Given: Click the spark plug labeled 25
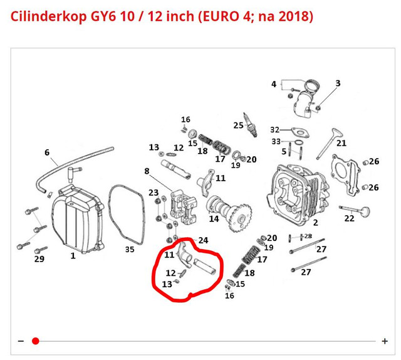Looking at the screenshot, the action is point(250,125).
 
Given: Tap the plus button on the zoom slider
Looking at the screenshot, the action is point(384,341).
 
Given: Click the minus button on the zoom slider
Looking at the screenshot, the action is point(21,341).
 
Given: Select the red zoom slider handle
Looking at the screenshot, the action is point(36,341).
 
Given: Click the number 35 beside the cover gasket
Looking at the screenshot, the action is point(130,249).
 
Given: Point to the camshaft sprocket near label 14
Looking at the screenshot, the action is point(239,217).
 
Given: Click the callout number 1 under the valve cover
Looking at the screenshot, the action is point(73,255).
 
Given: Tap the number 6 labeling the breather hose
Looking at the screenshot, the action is point(47,152).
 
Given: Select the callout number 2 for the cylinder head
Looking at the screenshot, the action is point(316,223).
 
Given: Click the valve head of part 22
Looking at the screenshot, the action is point(365,211).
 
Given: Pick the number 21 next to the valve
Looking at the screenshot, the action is point(341,143).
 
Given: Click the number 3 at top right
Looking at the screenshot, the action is point(338,83).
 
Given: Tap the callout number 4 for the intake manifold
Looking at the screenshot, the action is point(274,84).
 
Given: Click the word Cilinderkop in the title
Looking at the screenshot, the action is point(49,16).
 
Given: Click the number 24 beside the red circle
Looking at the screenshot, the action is point(203,240).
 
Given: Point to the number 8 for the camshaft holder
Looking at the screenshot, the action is point(147,171).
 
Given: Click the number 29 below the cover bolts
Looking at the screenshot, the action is point(39,259).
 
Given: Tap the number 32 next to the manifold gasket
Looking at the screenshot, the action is point(275,130).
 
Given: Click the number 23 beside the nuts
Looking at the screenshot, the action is point(154,193).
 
